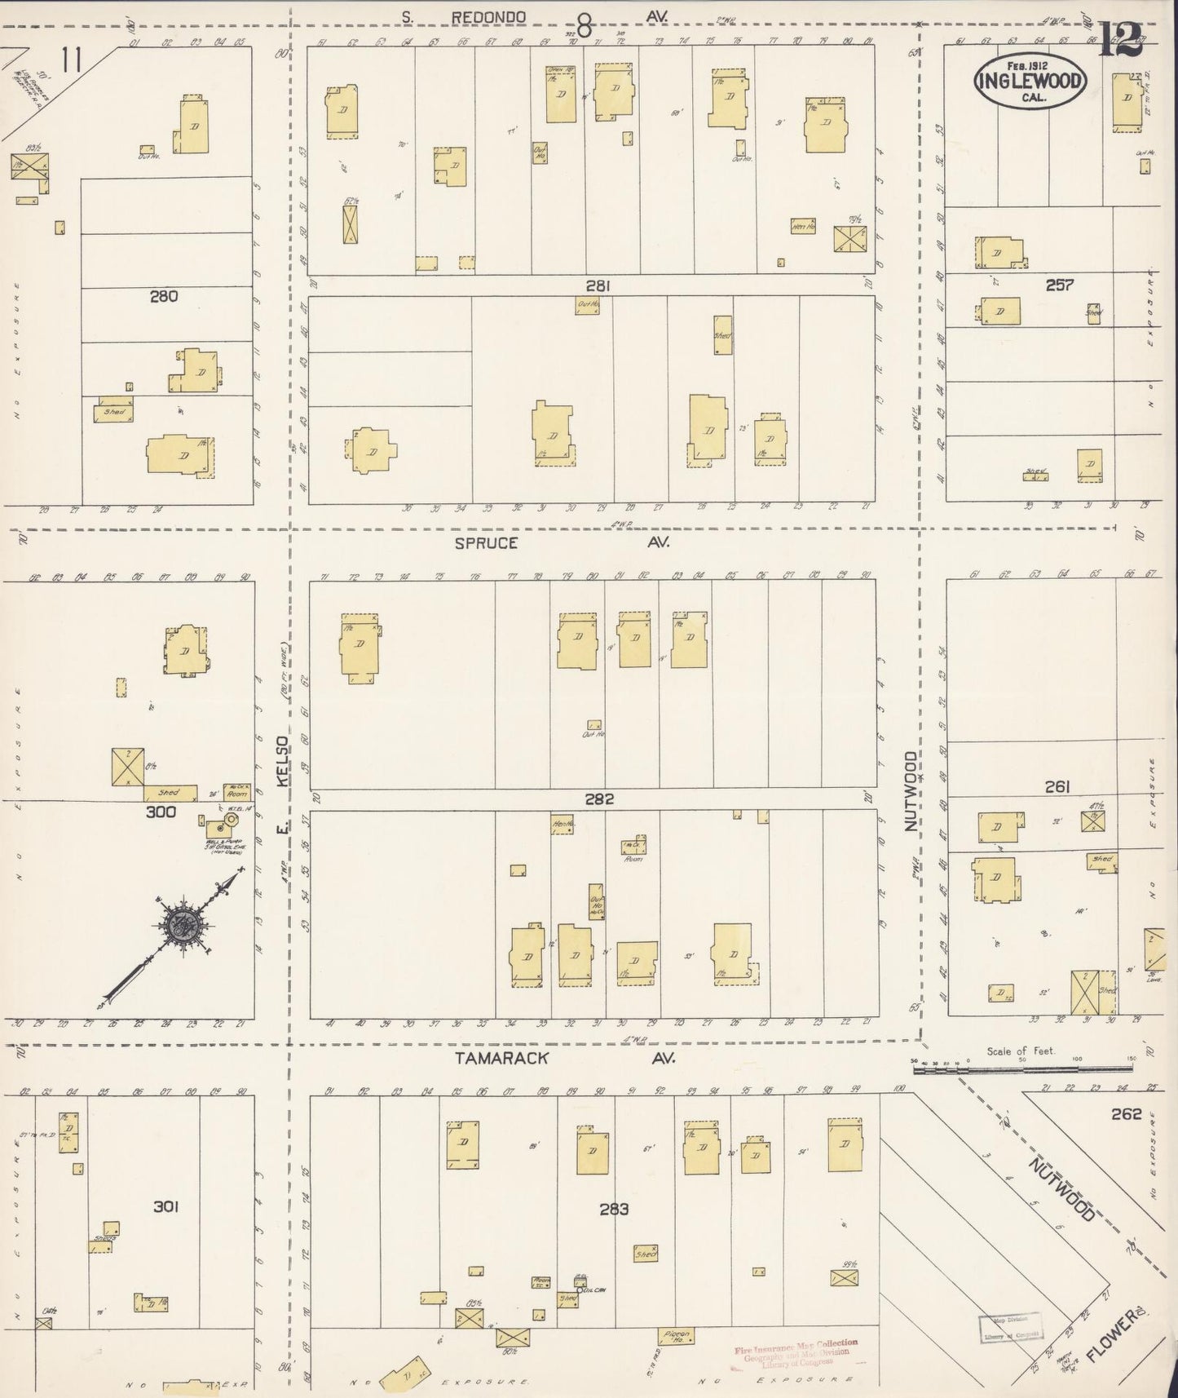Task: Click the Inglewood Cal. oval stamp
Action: click(1030, 81)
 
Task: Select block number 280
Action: click(164, 297)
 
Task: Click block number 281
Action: click(598, 285)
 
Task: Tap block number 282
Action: click(598, 799)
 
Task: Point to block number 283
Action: click(613, 1209)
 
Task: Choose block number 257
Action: click(1059, 285)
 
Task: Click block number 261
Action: click(1057, 786)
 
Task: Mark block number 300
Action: click(161, 812)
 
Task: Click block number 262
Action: click(1126, 1114)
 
